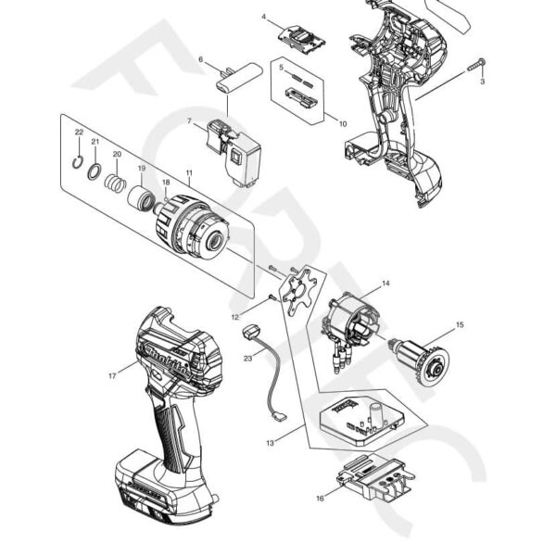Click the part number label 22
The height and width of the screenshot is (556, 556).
coord(80,133)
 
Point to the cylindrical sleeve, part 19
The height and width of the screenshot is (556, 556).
coord(143,197)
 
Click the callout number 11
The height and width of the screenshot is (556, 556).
coord(189,173)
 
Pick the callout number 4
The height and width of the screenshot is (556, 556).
coord(264,18)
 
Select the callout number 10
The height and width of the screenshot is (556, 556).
coord(343,122)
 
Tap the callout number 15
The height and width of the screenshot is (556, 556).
coord(457,324)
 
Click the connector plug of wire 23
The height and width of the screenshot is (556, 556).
coord(249,333)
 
